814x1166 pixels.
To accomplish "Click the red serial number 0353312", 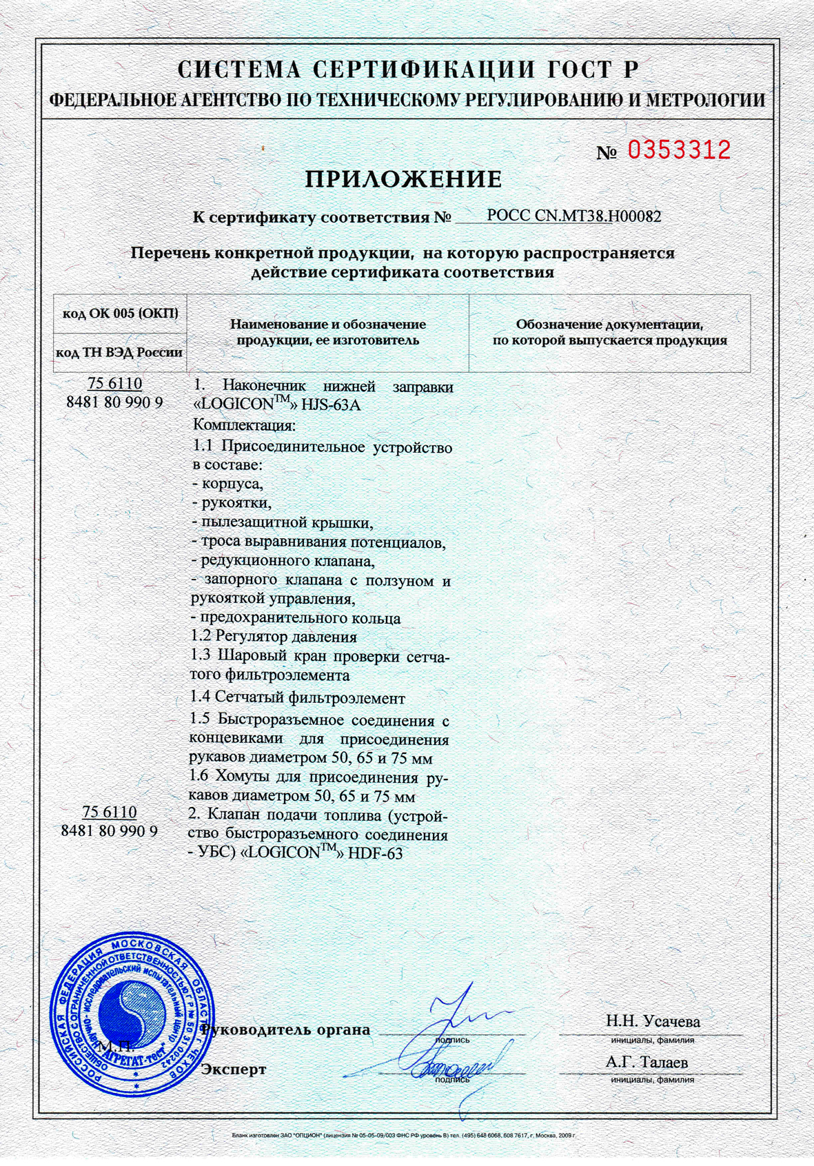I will (678, 150).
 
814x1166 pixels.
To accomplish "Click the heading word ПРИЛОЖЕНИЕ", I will (403, 179).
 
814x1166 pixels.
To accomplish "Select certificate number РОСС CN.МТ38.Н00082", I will (573, 216).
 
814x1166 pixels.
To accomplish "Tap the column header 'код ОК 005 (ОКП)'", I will (121, 314).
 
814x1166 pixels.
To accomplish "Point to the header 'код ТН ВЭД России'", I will (119, 353).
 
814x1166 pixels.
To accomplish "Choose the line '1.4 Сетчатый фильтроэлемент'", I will (297, 697).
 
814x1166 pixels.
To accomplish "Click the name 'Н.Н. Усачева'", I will (653, 1021).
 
